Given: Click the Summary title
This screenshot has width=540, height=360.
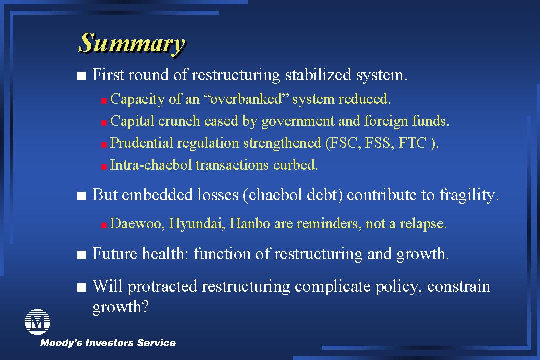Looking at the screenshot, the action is pos(132,44).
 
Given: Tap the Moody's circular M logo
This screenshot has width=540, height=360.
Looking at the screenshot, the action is pos(37,322).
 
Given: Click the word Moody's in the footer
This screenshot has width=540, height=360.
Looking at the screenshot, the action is pos(61,343).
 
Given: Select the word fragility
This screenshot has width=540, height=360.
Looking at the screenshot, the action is pos(469,195).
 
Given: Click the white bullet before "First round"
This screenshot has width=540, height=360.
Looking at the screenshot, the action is pos(81,76).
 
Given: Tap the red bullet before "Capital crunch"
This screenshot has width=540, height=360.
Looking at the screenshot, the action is pos(104,123).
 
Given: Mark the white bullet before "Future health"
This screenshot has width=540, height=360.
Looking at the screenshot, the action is pos(81,255).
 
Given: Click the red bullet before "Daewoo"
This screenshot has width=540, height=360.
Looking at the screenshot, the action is pos(104,226).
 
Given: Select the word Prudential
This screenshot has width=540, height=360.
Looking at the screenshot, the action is pos(142,143).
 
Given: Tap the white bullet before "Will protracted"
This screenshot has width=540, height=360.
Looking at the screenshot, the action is pos(81,288).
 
